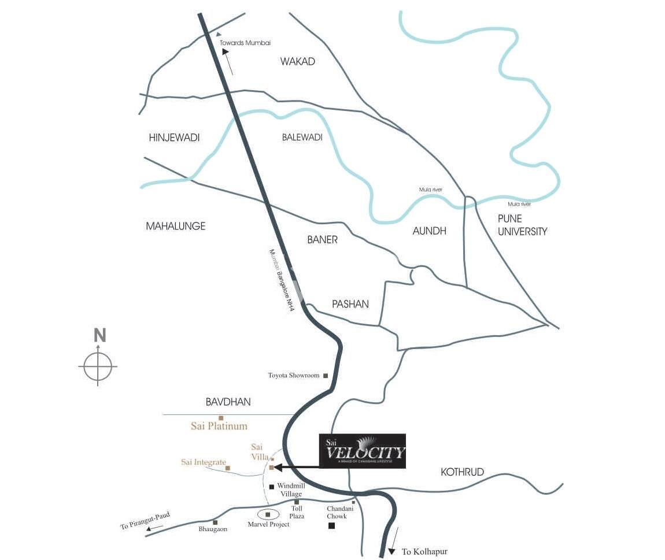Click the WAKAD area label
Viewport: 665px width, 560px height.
(x=298, y=61)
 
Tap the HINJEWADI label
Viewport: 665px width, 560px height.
(x=174, y=138)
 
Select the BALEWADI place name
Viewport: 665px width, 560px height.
(x=302, y=138)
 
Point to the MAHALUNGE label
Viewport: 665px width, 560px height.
(x=175, y=226)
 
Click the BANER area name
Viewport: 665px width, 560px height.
(x=323, y=239)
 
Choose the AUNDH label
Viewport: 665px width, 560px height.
(x=430, y=231)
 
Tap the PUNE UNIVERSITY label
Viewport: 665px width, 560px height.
(x=522, y=225)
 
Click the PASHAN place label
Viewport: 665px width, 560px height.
(x=350, y=304)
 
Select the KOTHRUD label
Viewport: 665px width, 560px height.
(x=462, y=472)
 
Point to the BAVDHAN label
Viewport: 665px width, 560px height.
(x=228, y=402)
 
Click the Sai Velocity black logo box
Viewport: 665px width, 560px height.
(x=363, y=451)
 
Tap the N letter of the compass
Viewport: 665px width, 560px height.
(x=99, y=335)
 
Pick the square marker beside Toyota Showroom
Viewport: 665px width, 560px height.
(x=326, y=376)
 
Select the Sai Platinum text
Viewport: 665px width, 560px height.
(x=219, y=427)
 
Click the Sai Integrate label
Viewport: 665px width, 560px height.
(x=203, y=462)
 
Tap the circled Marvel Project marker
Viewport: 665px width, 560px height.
(x=268, y=514)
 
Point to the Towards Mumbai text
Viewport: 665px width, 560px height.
(x=245, y=43)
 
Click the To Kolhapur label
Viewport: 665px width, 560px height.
(x=424, y=552)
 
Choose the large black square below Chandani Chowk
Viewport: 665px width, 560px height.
(x=332, y=526)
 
